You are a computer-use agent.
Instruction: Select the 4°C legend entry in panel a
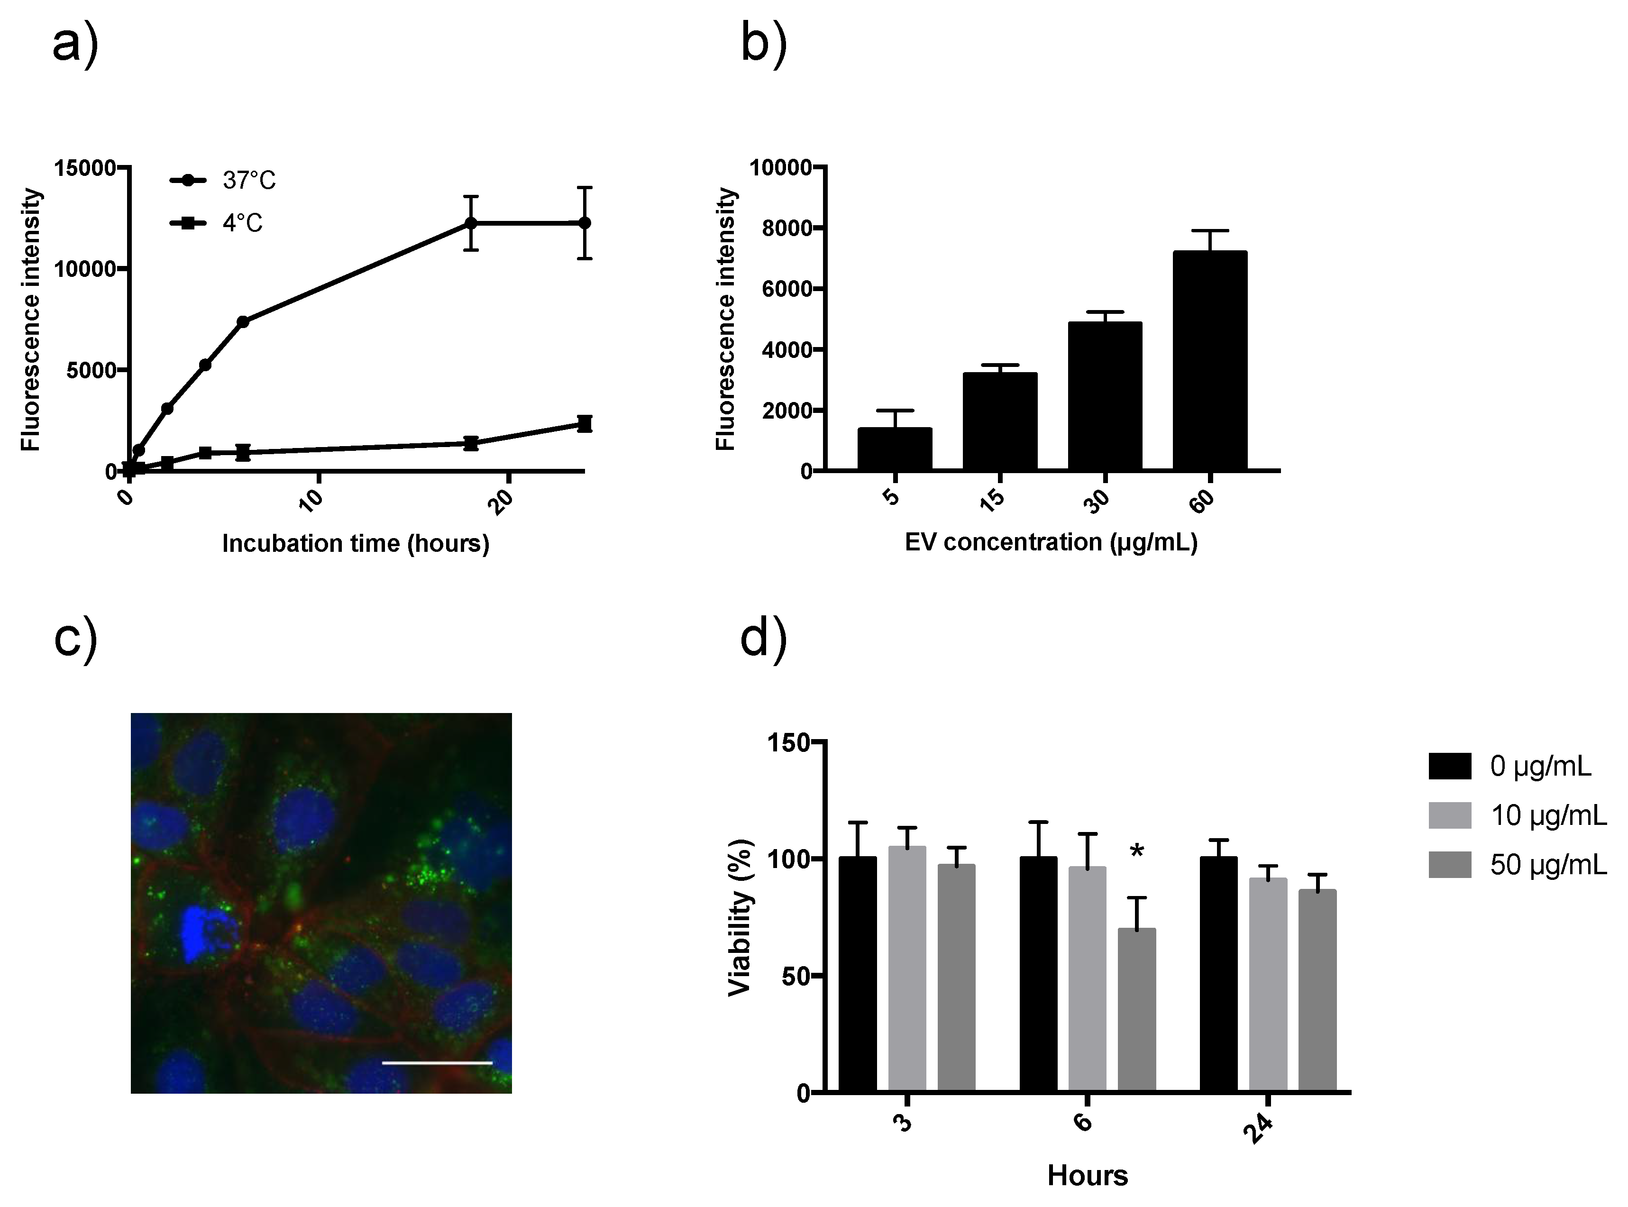pyautogui.click(x=216, y=222)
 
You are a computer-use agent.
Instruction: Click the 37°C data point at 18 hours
pyautogui.click(x=471, y=223)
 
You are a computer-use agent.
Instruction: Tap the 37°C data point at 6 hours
pyautogui.click(x=243, y=321)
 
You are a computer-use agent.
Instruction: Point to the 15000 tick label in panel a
pyautogui.click(x=85, y=168)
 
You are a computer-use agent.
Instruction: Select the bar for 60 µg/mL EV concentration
pyautogui.click(x=1209, y=359)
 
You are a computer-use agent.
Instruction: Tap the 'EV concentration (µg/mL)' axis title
pyautogui.click(x=1051, y=542)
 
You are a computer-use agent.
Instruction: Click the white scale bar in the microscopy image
pyautogui.click(x=437, y=1062)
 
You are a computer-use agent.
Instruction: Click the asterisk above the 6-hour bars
pyautogui.click(x=1136, y=851)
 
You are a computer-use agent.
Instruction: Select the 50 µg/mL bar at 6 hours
pyautogui.click(x=1136, y=1010)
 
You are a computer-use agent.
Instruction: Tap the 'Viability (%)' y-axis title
pyautogui.click(x=740, y=917)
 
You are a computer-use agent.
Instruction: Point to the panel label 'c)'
pyautogui.click(x=75, y=638)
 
